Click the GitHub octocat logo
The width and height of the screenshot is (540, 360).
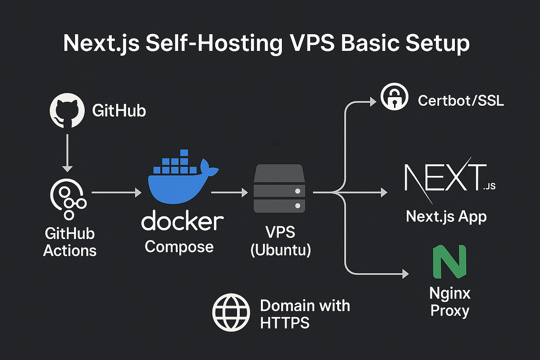(x=67, y=111)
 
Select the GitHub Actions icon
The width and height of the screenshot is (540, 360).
(x=68, y=199)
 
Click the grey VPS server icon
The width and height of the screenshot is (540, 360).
(x=280, y=188)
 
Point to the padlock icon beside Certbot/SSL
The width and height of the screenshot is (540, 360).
(x=394, y=97)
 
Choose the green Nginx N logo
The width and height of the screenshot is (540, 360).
(x=450, y=262)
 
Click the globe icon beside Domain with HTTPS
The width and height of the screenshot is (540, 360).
(x=231, y=312)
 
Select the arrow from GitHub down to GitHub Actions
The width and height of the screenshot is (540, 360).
(x=67, y=153)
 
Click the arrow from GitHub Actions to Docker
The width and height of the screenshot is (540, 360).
(x=117, y=193)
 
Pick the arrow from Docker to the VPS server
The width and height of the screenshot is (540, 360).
(x=229, y=193)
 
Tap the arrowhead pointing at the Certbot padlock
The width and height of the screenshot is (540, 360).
(x=373, y=102)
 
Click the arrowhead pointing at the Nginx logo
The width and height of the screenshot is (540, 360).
(x=406, y=274)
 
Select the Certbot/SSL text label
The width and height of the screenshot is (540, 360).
(x=461, y=101)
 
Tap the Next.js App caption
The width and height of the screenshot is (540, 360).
(x=446, y=217)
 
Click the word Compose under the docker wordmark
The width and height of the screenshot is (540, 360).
(x=179, y=247)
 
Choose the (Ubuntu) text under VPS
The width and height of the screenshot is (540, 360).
(x=281, y=250)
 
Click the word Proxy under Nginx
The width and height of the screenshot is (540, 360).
(x=450, y=311)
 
